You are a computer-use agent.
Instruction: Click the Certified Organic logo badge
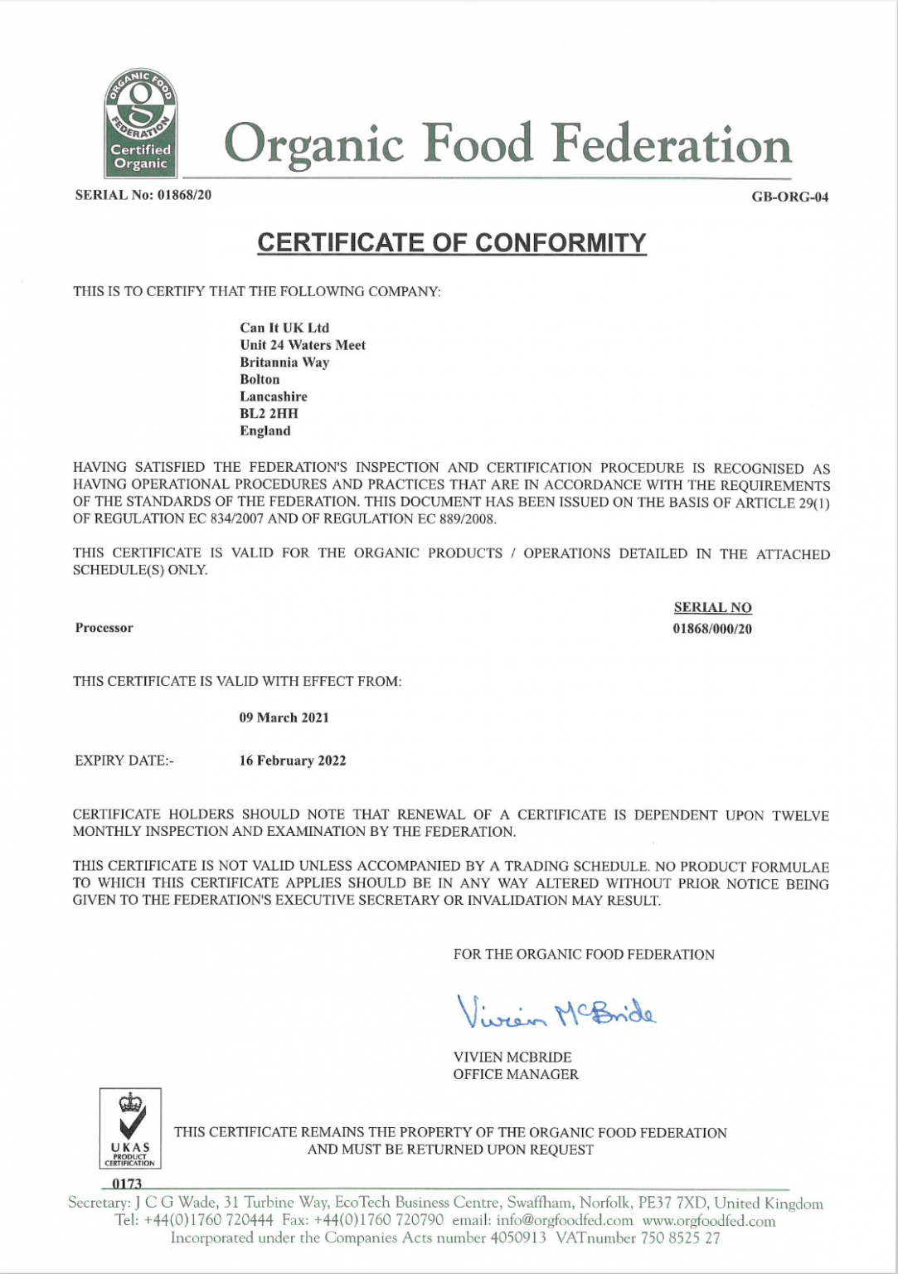(x=139, y=123)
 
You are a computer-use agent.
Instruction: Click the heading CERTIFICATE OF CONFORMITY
(x=451, y=242)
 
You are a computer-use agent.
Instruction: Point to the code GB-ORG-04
(x=789, y=197)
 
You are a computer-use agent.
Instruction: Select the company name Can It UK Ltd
(x=284, y=328)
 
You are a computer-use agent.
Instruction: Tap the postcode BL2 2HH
(x=269, y=413)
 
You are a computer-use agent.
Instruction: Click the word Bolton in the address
(x=260, y=379)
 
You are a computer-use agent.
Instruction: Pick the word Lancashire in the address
(x=274, y=396)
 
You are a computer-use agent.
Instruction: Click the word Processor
(x=104, y=628)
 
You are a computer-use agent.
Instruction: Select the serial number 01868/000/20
(x=712, y=629)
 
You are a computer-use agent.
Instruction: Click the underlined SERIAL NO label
(x=712, y=608)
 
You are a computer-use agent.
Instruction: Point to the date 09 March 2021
(x=284, y=717)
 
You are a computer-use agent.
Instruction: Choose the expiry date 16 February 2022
(x=292, y=761)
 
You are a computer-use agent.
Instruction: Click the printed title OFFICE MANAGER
(x=515, y=1075)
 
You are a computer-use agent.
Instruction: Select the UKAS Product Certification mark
(x=130, y=1129)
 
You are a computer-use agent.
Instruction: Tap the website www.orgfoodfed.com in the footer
(x=709, y=1221)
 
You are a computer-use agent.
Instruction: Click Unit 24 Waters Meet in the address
(x=303, y=345)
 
